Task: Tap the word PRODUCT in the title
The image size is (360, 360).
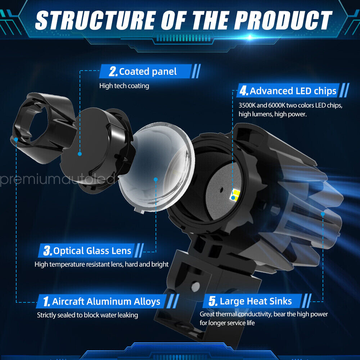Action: (283, 20)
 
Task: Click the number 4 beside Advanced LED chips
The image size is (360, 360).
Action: (244, 91)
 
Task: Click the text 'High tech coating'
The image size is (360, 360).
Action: (124, 86)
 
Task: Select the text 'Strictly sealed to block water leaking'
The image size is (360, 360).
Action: (87, 315)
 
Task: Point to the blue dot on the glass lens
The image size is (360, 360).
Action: (156, 180)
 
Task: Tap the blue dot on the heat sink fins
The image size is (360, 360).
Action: (323, 214)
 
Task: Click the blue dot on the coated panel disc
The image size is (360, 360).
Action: (80, 154)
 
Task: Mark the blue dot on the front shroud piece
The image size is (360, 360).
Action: (16, 139)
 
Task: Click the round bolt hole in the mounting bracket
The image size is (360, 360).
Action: (195, 286)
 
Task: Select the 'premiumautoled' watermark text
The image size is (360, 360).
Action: (57, 179)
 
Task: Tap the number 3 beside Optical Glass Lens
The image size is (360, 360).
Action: (47, 251)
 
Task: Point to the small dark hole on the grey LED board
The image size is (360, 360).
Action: (221, 190)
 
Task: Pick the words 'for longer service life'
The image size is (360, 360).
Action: (227, 323)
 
